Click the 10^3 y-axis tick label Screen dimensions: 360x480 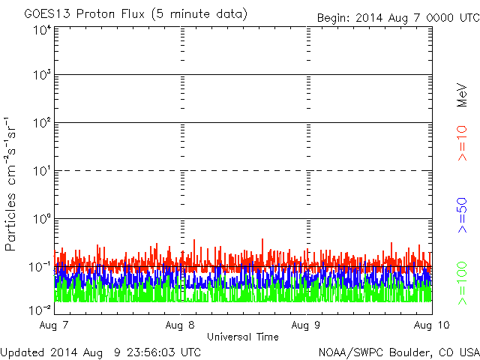click(42, 76)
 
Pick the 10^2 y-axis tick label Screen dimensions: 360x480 click(42, 123)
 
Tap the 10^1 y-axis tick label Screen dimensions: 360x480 click(42, 171)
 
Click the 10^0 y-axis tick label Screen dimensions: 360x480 click(42, 219)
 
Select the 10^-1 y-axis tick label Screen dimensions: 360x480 click(40, 266)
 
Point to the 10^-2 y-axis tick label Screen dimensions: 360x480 click(40, 310)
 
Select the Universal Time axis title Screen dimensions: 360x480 click(242, 337)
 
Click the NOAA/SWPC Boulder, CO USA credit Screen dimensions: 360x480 click(398, 352)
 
